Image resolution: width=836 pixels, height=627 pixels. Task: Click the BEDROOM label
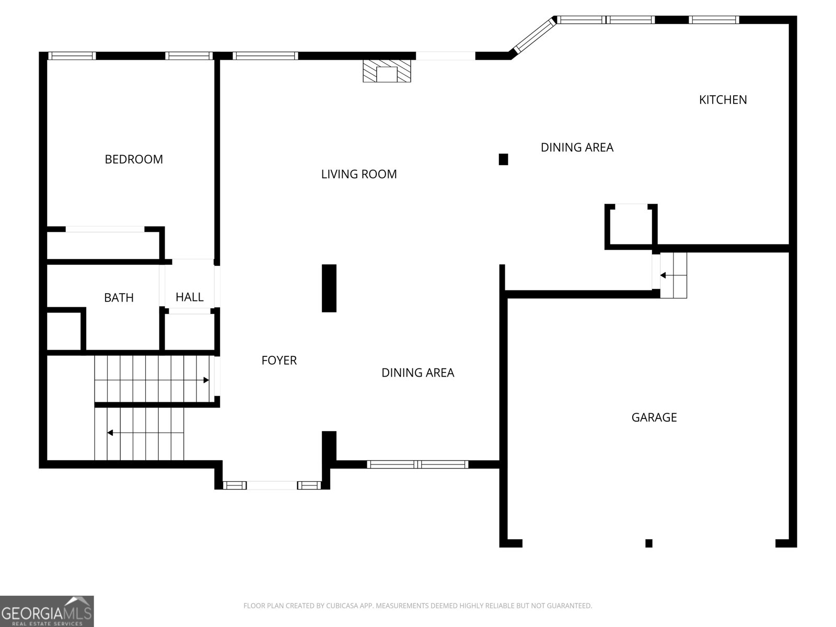134,159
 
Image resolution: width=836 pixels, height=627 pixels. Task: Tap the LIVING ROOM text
359,174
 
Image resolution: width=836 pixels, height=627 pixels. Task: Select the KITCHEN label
723,100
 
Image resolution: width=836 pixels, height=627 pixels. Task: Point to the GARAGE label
654,417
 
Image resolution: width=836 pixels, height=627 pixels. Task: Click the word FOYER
279,360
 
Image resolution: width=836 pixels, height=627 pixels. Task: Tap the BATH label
119,297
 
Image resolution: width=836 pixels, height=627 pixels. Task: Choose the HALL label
189,297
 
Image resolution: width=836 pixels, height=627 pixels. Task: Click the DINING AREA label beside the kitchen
577,147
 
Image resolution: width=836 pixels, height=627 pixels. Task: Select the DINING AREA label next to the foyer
418,373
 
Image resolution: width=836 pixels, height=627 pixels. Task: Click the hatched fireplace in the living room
387,71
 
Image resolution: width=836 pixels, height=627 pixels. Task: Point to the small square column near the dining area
503,159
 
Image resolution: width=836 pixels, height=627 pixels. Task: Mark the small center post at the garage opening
648,543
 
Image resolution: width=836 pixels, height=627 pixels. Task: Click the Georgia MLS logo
47,611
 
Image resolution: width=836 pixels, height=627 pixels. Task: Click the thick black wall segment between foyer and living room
329,288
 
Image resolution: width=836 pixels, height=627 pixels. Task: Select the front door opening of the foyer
272,485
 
